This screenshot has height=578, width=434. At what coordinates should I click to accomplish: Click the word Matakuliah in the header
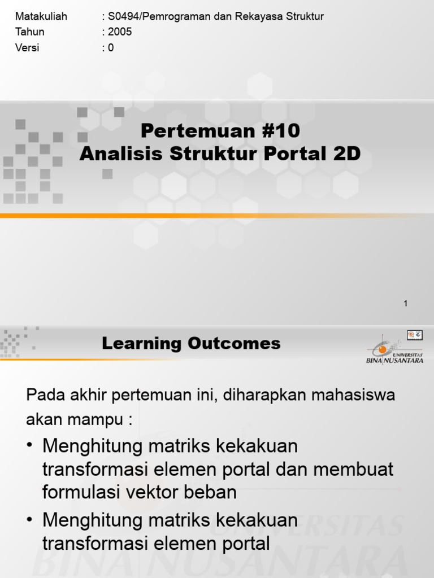(x=41, y=16)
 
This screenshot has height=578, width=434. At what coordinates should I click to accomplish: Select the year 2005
(x=120, y=32)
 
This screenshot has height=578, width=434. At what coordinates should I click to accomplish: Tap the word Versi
(x=27, y=48)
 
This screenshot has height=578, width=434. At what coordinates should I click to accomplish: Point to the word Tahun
(x=29, y=32)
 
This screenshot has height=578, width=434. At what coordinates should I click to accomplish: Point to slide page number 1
(x=405, y=304)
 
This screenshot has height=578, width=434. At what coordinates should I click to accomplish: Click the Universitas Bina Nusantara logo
(x=394, y=351)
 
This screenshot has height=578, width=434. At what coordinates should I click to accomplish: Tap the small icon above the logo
(x=414, y=335)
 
